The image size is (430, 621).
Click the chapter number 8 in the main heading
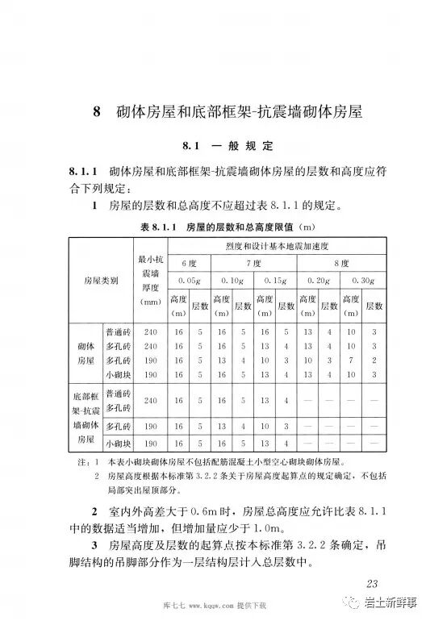tap(94, 114)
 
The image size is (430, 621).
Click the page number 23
tap(372, 583)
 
